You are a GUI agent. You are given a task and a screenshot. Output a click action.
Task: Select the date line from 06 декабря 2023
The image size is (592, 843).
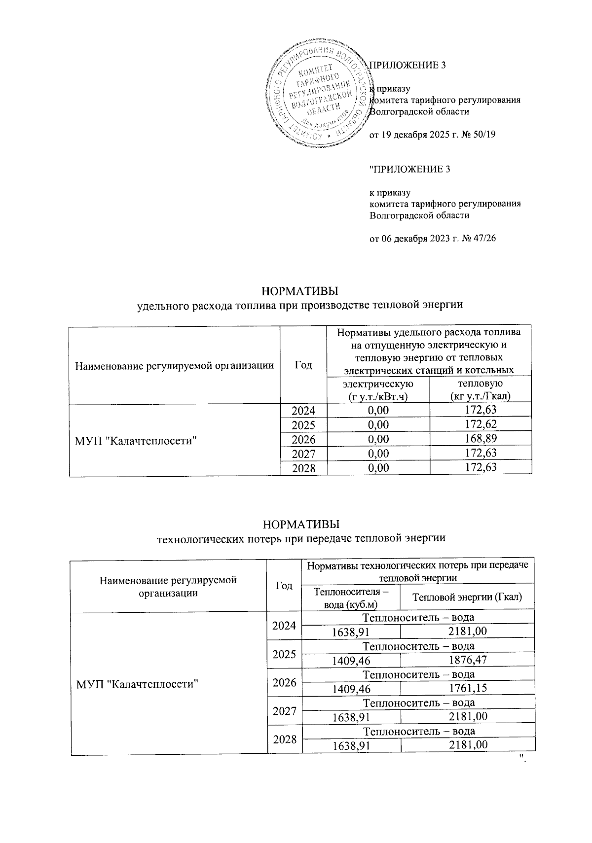pyautogui.click(x=432, y=238)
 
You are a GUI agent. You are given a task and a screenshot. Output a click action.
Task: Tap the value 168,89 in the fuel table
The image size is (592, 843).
pyautogui.click(x=481, y=439)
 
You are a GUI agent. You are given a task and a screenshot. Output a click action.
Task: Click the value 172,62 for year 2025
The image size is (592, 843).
pyautogui.click(x=481, y=424)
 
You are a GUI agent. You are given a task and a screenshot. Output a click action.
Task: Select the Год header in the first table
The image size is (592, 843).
pyautogui.click(x=303, y=365)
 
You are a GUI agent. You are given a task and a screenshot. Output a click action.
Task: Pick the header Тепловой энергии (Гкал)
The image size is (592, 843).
pyautogui.click(x=467, y=598)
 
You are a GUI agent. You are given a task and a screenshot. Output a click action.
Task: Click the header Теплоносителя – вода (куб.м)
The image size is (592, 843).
pyautogui.click(x=351, y=598)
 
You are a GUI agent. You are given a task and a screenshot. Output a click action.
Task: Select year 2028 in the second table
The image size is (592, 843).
pyautogui.click(x=284, y=739)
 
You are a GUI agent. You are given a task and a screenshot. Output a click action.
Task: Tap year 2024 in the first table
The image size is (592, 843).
pyautogui.click(x=303, y=410)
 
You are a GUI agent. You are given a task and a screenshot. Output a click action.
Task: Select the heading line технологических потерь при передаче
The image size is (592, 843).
pyautogui.click(x=300, y=538)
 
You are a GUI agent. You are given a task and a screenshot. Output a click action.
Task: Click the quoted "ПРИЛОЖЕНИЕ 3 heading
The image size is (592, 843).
pyautogui.click(x=410, y=170)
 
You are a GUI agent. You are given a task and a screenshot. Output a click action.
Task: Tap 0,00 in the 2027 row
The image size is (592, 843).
pyautogui.click(x=378, y=453)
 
